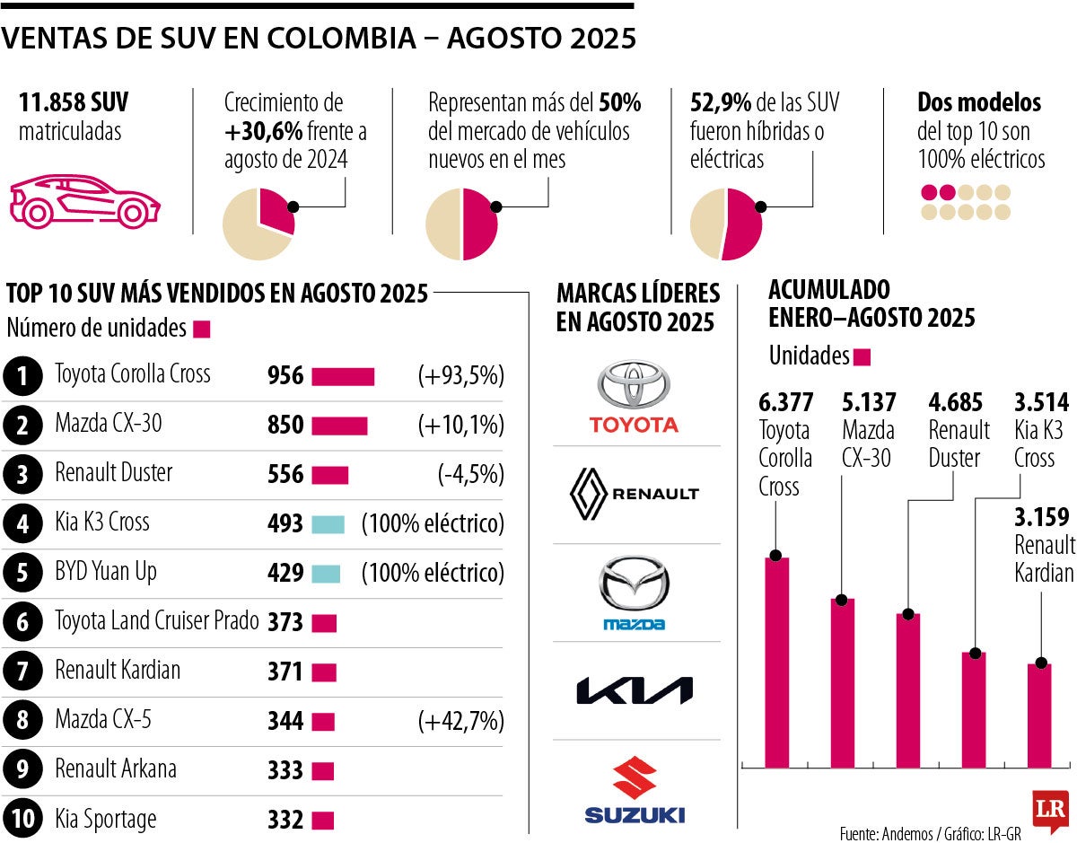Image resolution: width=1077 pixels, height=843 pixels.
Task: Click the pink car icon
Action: (x=84, y=200)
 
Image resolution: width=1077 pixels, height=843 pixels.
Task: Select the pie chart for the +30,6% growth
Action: (x=258, y=224)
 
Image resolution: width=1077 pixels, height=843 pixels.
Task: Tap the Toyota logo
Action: (x=634, y=397)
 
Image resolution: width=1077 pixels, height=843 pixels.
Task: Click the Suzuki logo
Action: (x=634, y=789)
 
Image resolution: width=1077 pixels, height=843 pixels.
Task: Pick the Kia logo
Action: (x=634, y=690)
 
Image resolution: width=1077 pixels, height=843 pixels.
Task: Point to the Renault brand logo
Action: (x=634, y=494)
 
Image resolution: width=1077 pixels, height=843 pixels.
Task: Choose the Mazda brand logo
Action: (x=634, y=593)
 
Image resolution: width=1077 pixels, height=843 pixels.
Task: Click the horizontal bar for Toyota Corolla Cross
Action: (x=343, y=376)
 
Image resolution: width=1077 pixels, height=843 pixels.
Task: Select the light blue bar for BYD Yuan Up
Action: (x=326, y=573)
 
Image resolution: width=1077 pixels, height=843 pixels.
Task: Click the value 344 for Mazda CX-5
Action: (x=285, y=721)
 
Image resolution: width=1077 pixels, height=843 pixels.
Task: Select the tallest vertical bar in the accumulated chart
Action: (x=776, y=663)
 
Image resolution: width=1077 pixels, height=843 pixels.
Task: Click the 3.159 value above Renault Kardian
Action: (x=1041, y=517)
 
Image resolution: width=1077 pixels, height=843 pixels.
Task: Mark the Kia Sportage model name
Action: (x=105, y=819)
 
